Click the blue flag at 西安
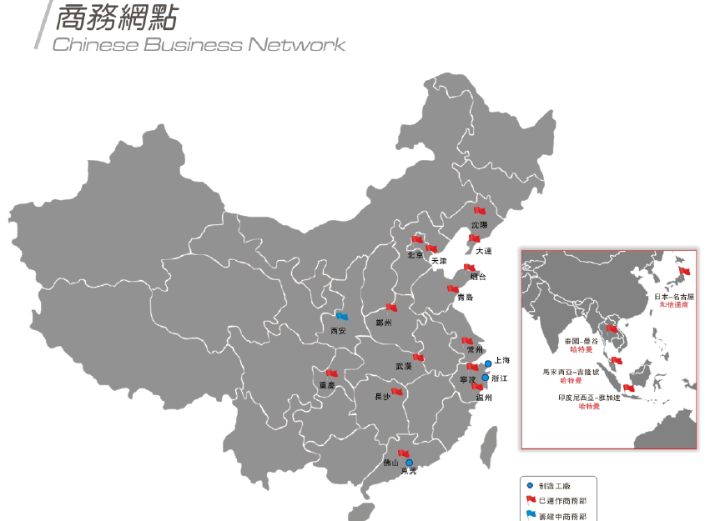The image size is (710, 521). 341,316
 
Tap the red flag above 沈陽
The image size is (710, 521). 480,212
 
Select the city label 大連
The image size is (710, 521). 484,251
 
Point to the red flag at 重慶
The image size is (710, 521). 332,373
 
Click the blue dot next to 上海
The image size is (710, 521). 488,364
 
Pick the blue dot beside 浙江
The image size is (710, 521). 485,378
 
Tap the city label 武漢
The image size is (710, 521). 404,367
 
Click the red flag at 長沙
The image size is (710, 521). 397,391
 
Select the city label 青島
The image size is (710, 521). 466,298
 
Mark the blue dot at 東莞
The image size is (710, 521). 409,463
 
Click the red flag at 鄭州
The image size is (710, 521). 391,308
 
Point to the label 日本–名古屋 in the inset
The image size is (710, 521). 673,297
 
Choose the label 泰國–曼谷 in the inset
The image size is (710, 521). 581,342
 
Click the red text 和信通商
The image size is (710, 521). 673,305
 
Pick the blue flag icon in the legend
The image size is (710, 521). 531,515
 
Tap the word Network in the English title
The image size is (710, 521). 296,44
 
